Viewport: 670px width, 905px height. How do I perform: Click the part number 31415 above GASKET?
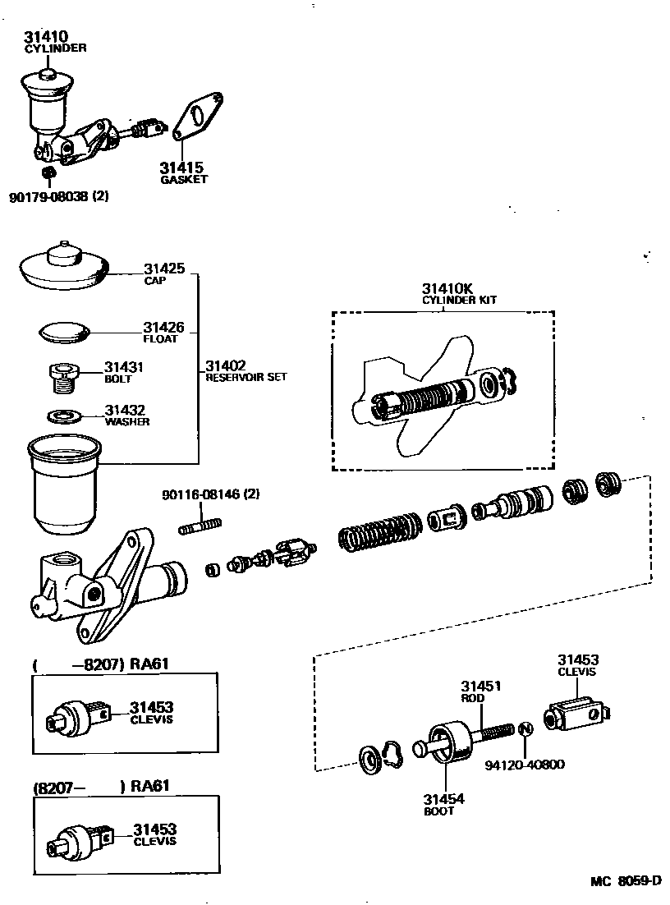pos(181,168)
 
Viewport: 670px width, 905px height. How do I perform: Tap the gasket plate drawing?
pos(198,118)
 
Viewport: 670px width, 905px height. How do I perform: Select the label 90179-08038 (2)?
pos(59,197)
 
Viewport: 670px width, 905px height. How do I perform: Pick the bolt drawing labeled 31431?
pos(63,379)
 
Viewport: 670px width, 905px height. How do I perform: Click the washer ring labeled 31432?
pos(63,416)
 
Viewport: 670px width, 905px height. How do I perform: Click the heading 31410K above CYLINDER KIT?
pos(447,288)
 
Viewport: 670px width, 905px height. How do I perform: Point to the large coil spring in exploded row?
pos(380,533)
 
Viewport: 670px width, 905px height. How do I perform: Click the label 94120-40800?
pos(525,765)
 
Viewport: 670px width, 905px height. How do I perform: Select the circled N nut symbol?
pos(526,729)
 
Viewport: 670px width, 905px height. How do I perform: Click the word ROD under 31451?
pos(474,698)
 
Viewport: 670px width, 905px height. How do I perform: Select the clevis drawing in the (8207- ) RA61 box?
pos(80,839)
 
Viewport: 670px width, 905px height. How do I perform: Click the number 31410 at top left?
pos(46,36)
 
